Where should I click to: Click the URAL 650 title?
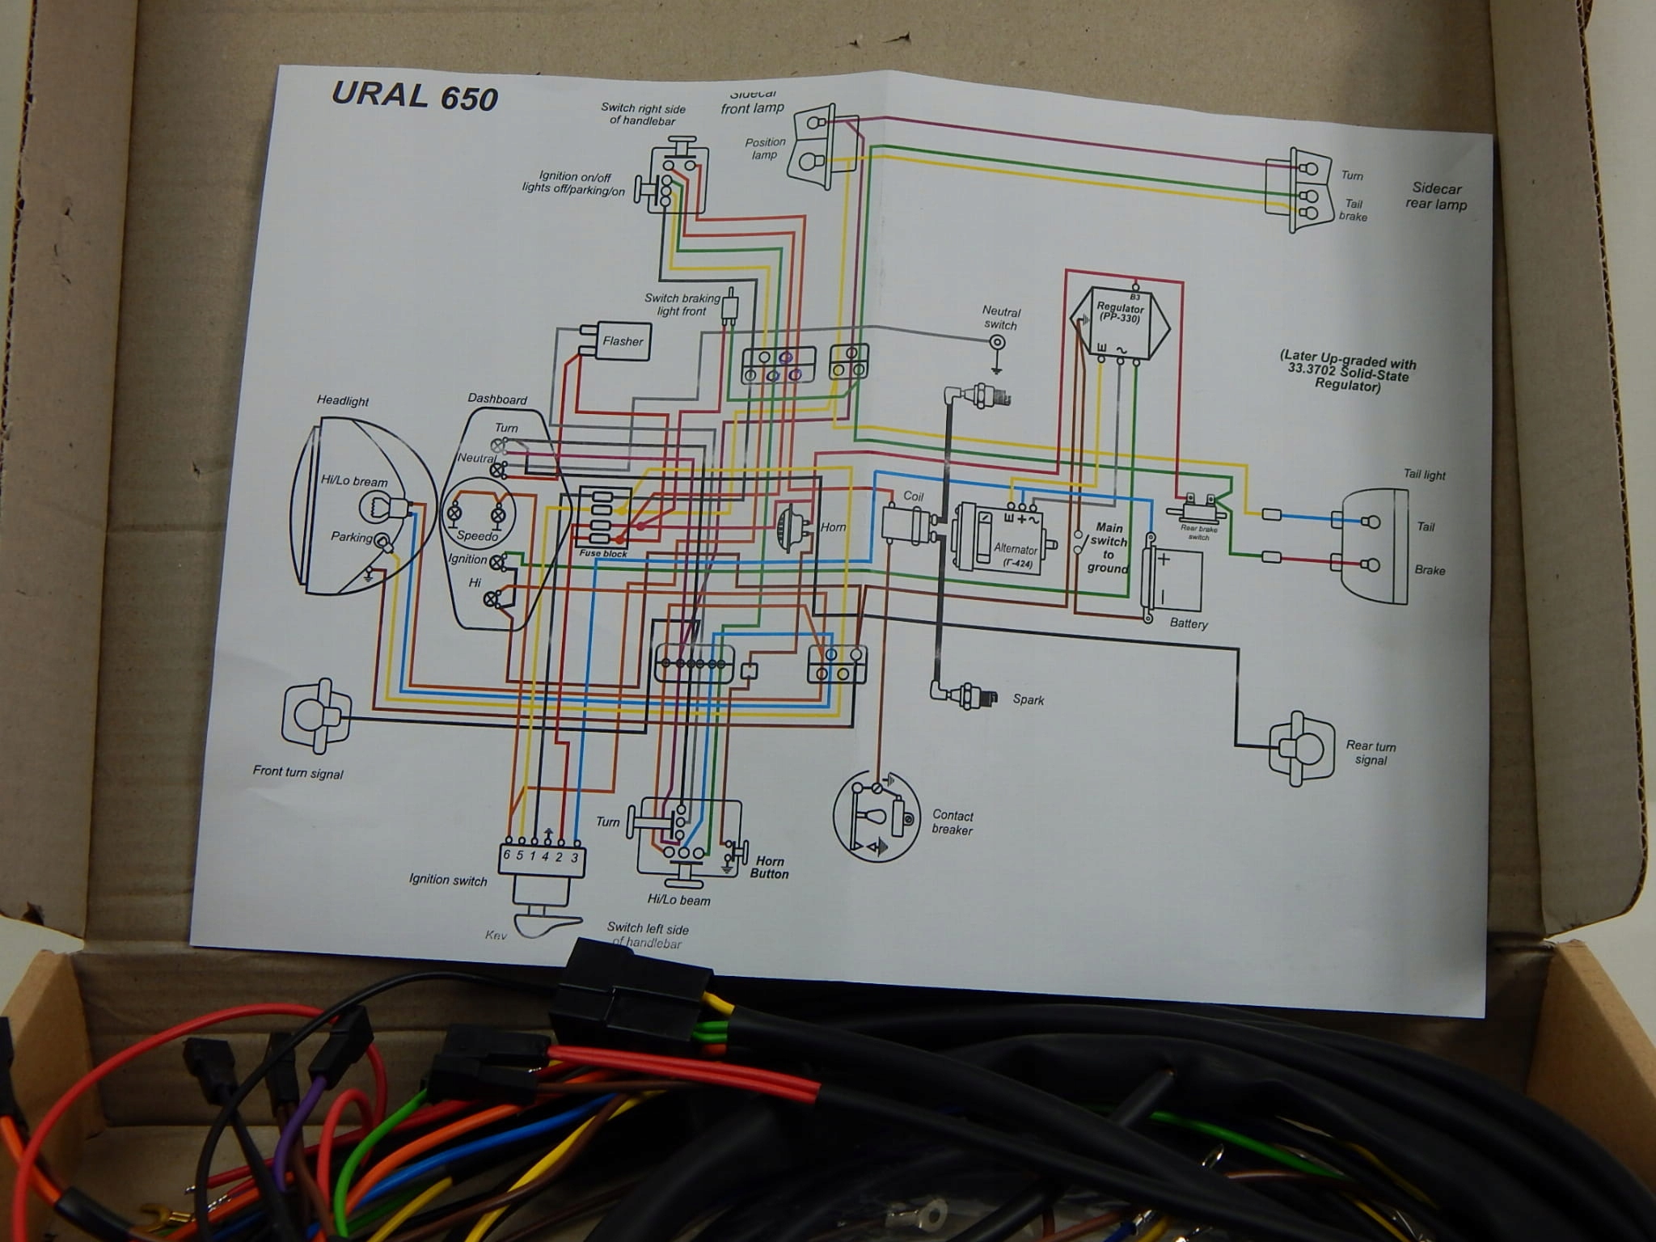[x=414, y=96]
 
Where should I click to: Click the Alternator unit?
[x=1001, y=538]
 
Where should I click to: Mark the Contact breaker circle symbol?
[x=877, y=817]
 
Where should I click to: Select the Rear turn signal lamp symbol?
[x=1300, y=749]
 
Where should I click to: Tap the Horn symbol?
[x=788, y=527]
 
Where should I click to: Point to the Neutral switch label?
[x=1001, y=318]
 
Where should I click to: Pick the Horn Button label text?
[x=768, y=868]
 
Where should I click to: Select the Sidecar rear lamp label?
[x=1436, y=196]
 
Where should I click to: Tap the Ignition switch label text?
[x=448, y=880]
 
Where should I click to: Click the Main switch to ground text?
[x=1108, y=547]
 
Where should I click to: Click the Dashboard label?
[x=497, y=399]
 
